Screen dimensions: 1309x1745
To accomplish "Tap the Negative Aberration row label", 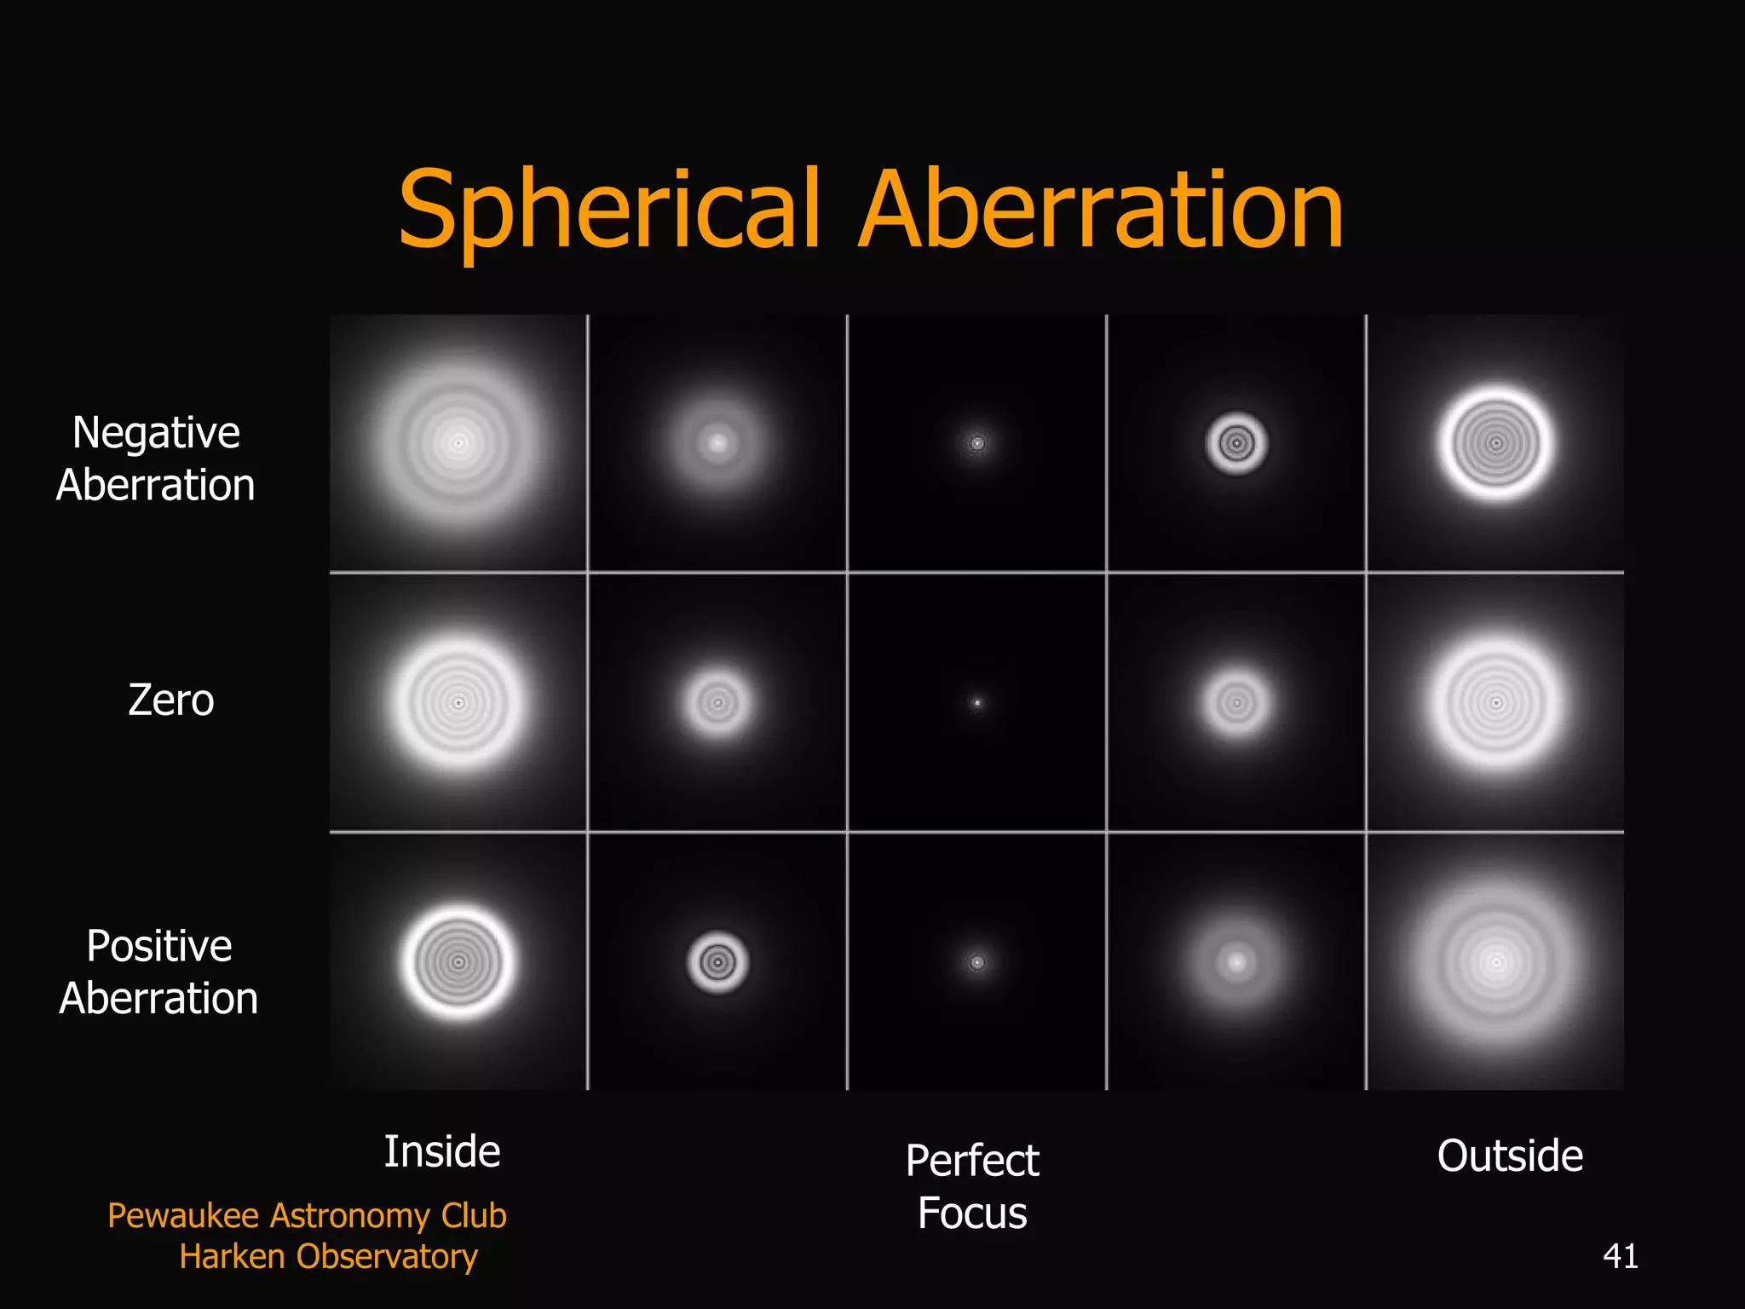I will tap(156, 458).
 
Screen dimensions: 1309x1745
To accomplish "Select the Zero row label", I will tap(170, 701).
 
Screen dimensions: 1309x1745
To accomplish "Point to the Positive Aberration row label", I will tap(158, 972).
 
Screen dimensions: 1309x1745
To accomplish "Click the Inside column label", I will tap(442, 1151).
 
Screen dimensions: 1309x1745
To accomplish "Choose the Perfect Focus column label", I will tap(972, 1186).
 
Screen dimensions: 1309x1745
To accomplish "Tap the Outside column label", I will tap(1510, 1156).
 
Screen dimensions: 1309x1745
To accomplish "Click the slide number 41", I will tap(1620, 1256).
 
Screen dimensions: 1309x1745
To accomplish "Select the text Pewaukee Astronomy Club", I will tap(307, 1215).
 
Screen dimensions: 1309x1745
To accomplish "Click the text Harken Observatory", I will tap(328, 1256).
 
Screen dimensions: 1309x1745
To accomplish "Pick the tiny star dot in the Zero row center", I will tap(977, 703).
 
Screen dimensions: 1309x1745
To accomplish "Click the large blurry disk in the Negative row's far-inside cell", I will tap(458, 443).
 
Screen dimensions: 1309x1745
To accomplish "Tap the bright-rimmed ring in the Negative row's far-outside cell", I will tap(1496, 443).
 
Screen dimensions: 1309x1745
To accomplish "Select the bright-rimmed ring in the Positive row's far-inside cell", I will tap(458, 963).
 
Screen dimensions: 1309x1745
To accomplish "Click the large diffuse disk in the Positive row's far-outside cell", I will tap(1496, 963).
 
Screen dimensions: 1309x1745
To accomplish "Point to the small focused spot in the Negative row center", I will tap(977, 443).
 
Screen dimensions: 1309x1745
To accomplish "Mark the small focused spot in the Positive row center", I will tap(977, 963).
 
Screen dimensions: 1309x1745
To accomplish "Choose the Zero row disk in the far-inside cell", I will tap(458, 703).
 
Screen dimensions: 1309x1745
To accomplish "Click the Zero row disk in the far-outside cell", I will tap(1496, 703).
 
